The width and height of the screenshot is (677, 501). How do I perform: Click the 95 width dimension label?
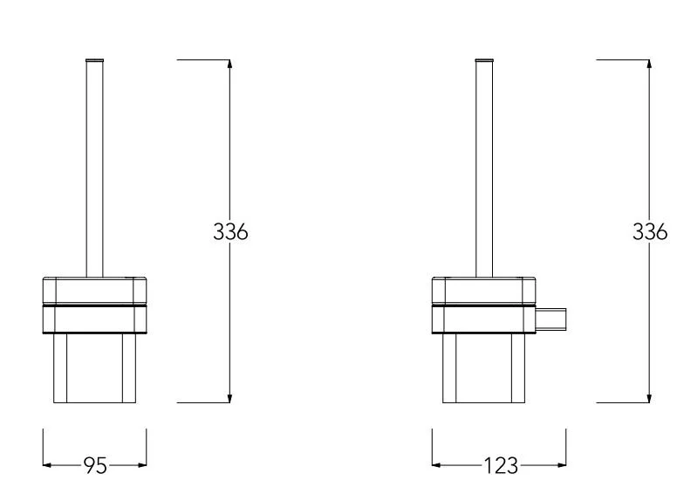[95, 465]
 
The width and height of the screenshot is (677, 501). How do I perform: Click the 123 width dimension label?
[501, 465]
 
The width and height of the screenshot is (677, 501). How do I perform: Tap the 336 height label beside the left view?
[230, 231]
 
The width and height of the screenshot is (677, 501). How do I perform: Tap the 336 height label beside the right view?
[650, 231]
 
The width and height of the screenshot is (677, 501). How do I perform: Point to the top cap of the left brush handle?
[95, 60]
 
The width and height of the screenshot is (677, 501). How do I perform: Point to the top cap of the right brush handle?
[484, 60]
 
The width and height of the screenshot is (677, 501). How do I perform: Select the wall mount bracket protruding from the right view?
[550, 319]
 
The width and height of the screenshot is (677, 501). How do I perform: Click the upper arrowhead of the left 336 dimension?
[229, 64]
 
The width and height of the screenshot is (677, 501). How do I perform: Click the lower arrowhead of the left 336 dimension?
[229, 398]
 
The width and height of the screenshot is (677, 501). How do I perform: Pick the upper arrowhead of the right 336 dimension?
[649, 64]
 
